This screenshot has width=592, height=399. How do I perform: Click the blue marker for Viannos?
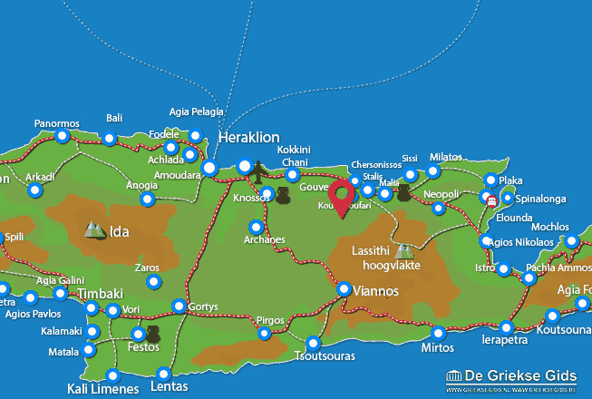point(345,288)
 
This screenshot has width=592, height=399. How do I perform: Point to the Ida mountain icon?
point(95,230)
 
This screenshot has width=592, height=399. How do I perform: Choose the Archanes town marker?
point(257,227)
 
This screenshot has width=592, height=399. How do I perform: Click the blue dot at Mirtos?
point(439,333)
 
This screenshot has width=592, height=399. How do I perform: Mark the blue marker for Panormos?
point(62,137)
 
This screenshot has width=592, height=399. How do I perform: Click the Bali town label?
point(114,119)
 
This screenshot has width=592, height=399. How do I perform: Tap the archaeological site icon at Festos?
point(153,335)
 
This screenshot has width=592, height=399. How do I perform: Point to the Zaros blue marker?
point(153,283)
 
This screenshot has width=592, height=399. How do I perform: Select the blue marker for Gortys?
point(180,306)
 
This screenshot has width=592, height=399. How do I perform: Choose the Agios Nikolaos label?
point(527,241)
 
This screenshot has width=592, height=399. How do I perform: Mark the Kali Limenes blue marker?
point(112,375)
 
